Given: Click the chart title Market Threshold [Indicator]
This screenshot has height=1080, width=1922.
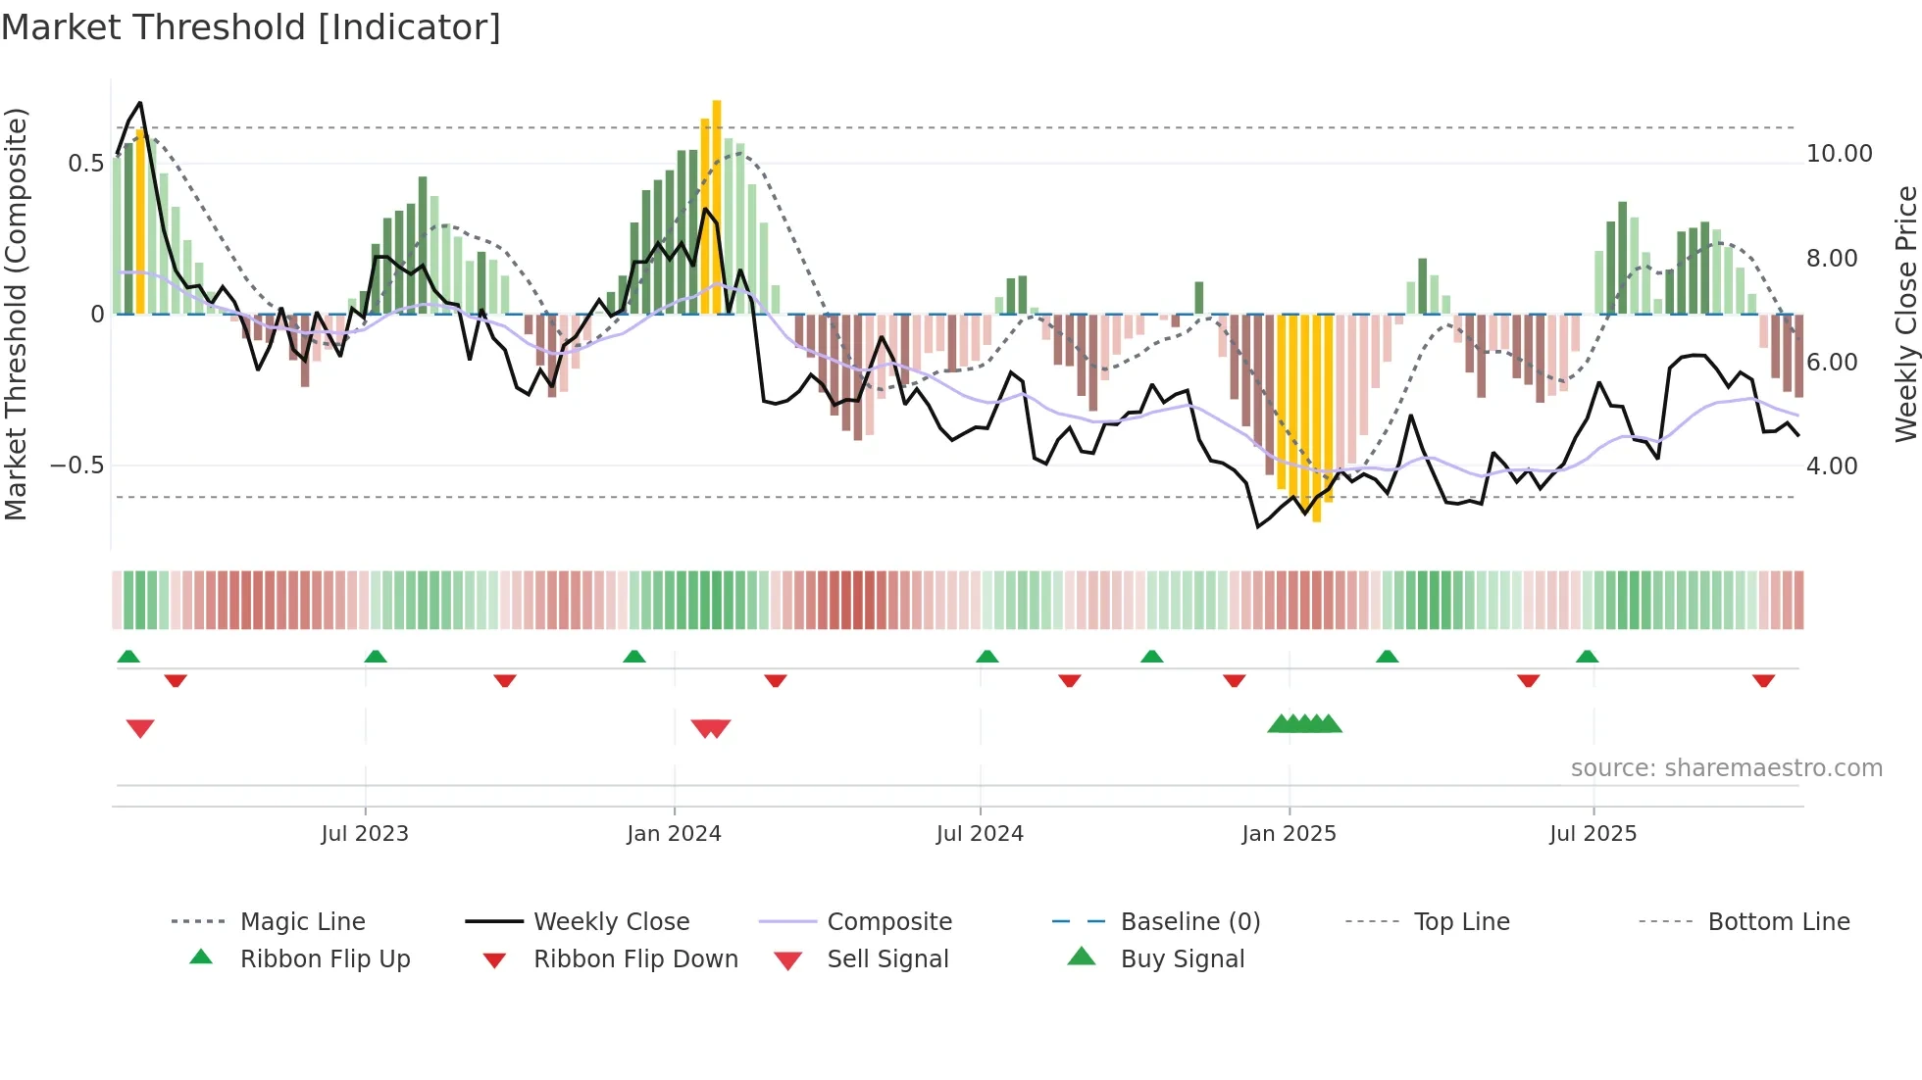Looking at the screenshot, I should click(251, 27).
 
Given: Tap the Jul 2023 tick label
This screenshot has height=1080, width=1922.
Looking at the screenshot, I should click(365, 833).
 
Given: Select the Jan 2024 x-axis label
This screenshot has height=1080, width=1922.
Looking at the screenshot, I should click(674, 833).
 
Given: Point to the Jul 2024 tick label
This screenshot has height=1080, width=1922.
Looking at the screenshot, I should click(980, 833).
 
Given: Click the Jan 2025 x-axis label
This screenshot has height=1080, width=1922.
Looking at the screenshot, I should click(1289, 833).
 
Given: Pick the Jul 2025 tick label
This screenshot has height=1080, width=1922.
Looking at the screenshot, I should click(1593, 833).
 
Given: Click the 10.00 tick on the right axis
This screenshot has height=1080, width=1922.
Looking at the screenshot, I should click(1839, 154).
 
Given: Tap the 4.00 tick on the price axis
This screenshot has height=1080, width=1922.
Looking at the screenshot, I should click(1832, 466).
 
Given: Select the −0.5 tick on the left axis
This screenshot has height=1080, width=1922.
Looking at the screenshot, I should click(77, 466).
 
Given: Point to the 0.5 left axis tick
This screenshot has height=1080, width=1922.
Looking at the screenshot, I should click(85, 164).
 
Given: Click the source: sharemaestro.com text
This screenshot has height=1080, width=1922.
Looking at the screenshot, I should click(1726, 767).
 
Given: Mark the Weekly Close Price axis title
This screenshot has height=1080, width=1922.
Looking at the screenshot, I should click(1905, 314).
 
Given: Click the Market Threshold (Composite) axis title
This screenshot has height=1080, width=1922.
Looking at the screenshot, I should click(16, 314).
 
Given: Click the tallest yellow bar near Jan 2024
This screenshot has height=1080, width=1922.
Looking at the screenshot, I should click(717, 206).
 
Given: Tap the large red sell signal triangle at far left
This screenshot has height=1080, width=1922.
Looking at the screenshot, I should click(140, 727).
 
